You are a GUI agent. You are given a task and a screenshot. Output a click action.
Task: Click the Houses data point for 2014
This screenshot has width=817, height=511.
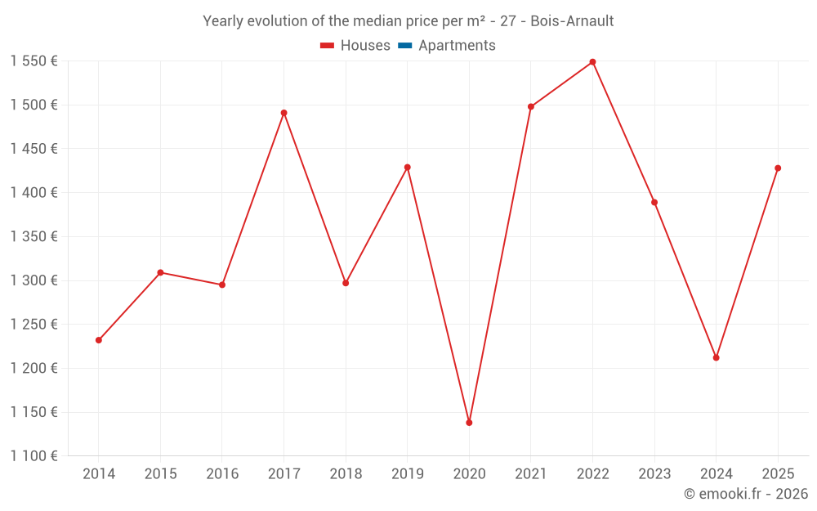[99, 340]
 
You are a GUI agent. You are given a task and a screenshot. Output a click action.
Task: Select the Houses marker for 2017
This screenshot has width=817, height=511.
[283, 113]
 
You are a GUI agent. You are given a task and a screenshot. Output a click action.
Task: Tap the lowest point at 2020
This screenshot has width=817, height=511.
[469, 423]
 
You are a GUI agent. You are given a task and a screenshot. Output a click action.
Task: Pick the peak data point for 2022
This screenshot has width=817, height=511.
[592, 62]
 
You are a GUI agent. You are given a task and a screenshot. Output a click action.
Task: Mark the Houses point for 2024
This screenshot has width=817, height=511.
[716, 357]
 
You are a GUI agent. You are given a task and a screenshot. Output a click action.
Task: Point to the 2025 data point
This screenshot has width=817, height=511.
[778, 168]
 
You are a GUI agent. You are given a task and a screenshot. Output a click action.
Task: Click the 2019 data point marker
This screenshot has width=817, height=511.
[407, 168]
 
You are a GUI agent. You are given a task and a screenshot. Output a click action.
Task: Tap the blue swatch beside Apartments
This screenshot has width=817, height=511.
[404, 46]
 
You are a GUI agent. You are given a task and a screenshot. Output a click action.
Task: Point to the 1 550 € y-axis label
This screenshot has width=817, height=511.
[33, 61]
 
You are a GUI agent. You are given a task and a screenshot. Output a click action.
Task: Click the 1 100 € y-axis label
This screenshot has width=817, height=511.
[33, 456]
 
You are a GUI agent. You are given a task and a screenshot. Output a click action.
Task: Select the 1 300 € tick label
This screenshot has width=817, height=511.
[33, 280]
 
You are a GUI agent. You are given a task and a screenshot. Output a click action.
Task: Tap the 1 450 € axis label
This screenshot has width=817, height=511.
[33, 149]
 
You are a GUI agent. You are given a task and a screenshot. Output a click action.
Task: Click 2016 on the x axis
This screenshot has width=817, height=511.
[222, 474]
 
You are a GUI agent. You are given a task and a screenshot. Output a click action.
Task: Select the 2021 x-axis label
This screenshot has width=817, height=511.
[530, 474]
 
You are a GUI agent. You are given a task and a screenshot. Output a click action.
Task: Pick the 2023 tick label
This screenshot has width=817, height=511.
[654, 474]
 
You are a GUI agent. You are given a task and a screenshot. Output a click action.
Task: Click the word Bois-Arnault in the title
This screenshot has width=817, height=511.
[572, 21]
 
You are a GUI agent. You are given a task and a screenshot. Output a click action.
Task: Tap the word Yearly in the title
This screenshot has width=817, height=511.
[223, 21]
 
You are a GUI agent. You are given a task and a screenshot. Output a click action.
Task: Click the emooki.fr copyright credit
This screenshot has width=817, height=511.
[746, 494]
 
